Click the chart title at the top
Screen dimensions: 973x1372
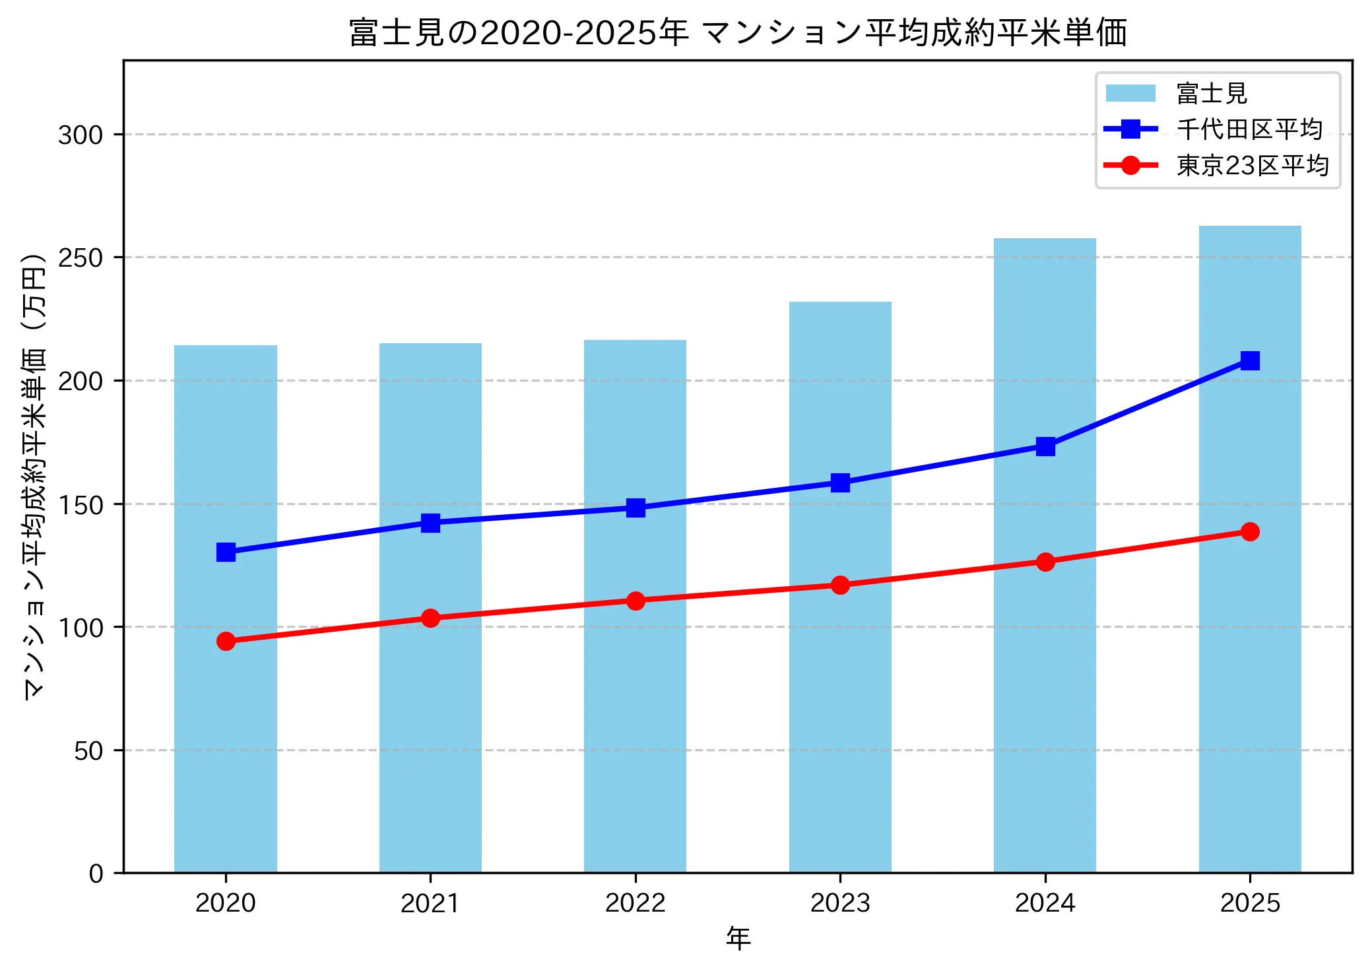737,33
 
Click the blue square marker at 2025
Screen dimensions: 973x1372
1250,360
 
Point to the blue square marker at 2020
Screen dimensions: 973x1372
226,552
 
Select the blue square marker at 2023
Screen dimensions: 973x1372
840,483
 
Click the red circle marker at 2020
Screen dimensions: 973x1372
226,641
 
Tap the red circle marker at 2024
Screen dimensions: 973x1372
1045,562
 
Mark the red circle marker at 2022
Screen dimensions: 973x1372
636,601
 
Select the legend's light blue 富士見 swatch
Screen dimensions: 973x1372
1130,93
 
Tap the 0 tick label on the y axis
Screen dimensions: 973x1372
96,874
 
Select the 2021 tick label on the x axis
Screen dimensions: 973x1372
430,903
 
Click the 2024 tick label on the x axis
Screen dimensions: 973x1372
1045,903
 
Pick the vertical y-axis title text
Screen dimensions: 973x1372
34,475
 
